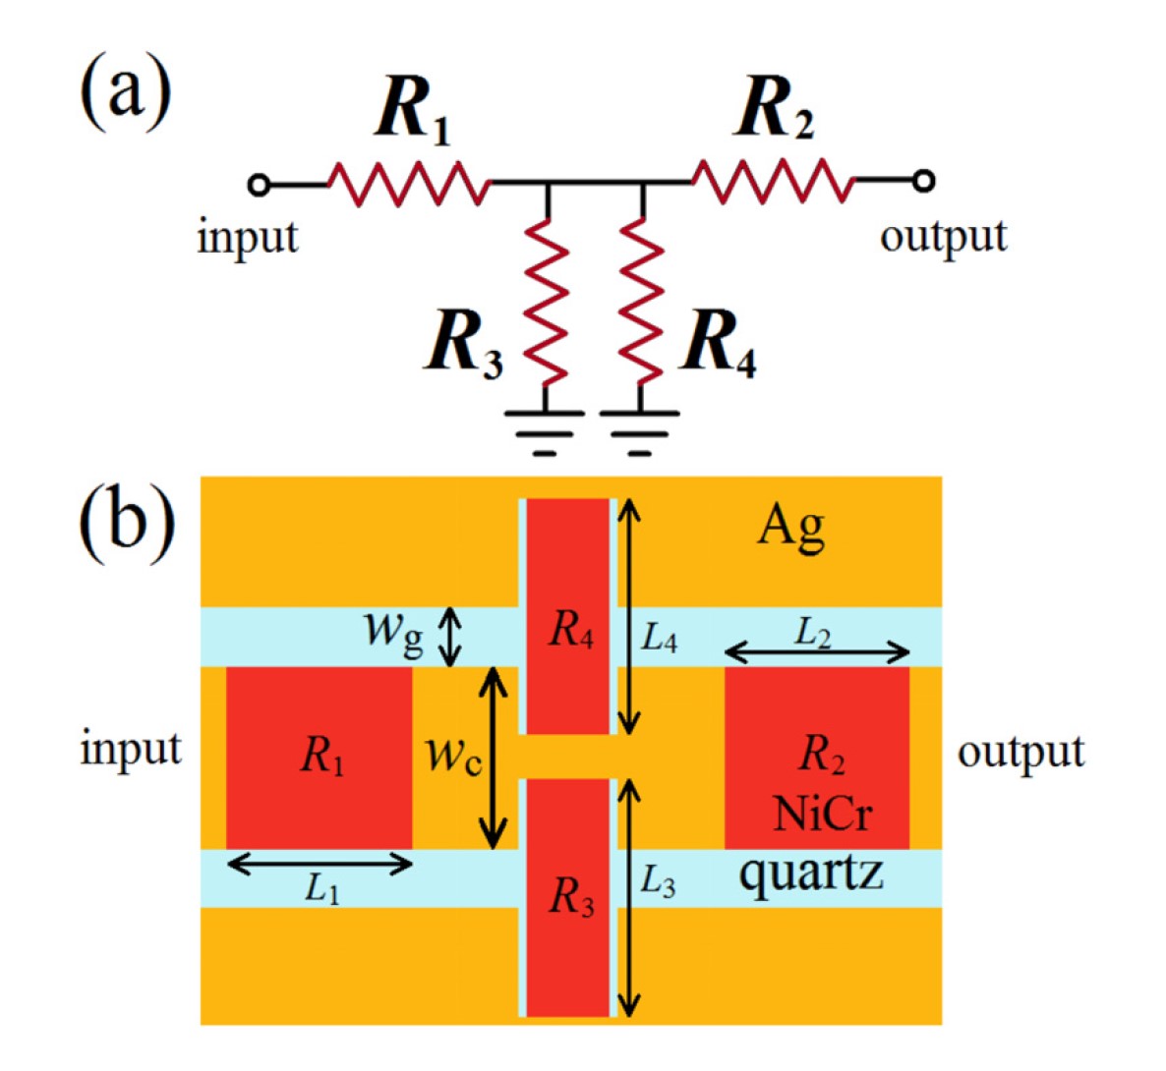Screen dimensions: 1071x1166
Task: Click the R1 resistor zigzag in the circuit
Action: pos(408,183)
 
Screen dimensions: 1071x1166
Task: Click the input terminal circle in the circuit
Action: pos(259,183)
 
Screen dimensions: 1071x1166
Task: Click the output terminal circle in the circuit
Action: pos(922,181)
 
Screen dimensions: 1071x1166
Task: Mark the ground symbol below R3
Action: pos(545,431)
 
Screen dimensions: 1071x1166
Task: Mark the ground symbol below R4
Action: pos(640,431)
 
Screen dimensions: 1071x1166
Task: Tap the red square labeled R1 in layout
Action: pos(320,757)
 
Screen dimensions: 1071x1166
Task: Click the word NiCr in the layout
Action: pos(822,814)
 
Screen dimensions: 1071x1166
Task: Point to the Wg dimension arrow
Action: pos(449,637)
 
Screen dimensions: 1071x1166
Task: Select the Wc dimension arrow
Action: pos(493,758)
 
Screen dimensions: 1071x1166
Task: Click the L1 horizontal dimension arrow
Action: pos(320,864)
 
